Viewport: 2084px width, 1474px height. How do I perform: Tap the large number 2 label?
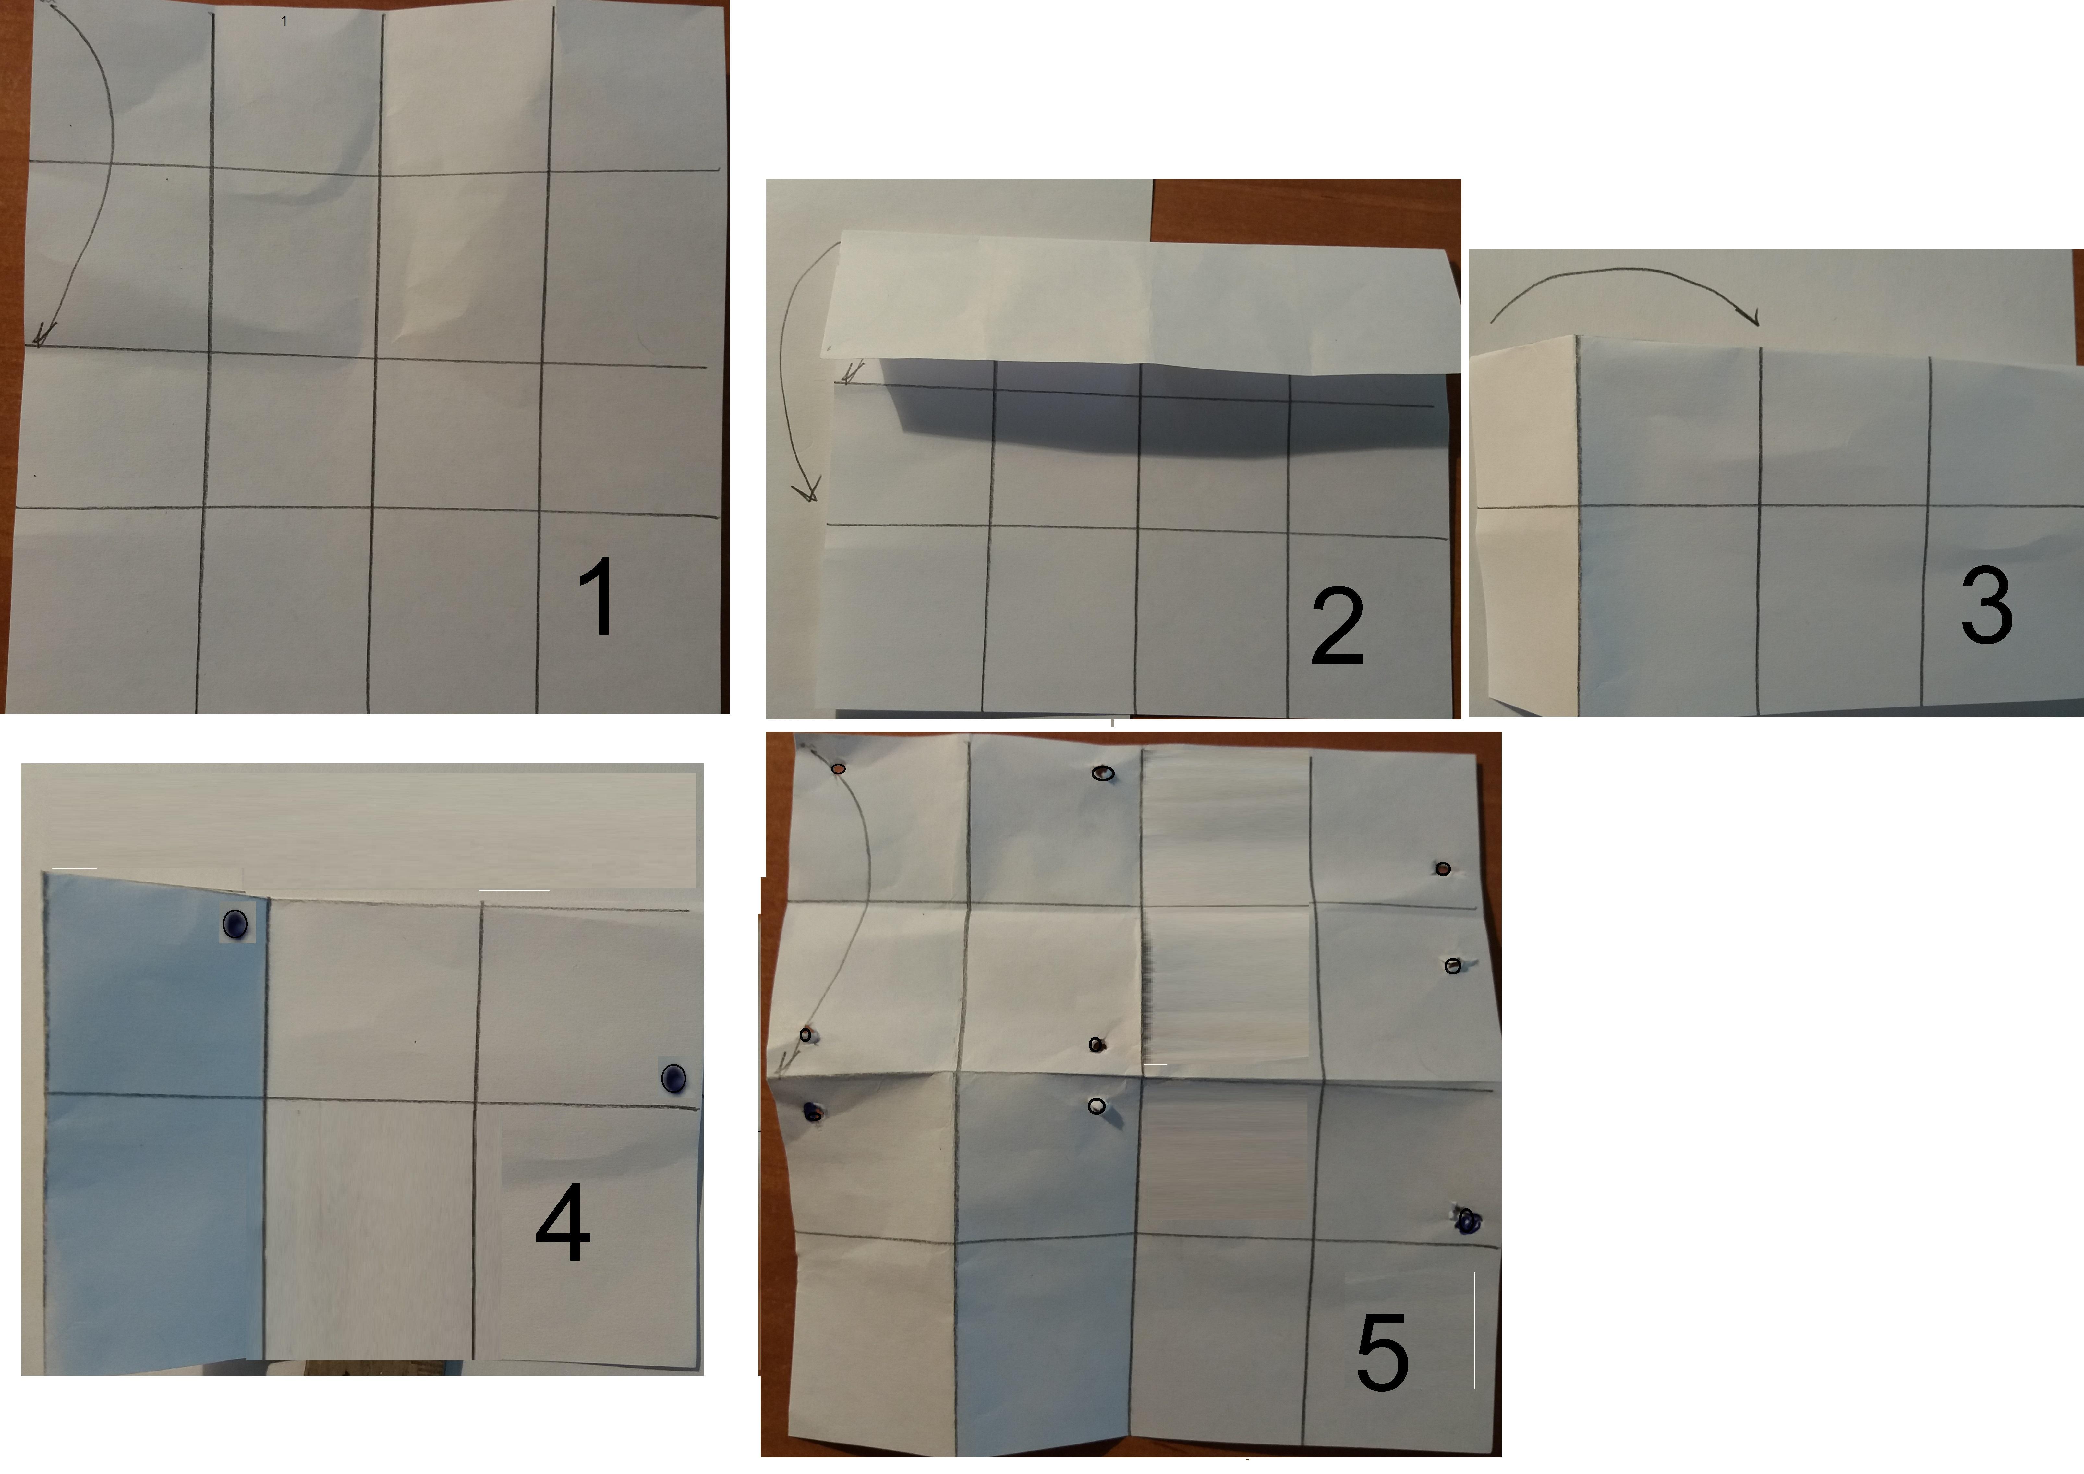coord(1337,626)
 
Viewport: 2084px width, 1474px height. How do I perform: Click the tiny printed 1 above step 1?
coord(284,20)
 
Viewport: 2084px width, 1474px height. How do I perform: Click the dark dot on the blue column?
coord(235,925)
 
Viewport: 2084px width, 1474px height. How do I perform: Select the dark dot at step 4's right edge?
coord(673,1078)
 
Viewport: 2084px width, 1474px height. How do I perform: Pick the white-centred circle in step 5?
coord(1097,1106)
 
